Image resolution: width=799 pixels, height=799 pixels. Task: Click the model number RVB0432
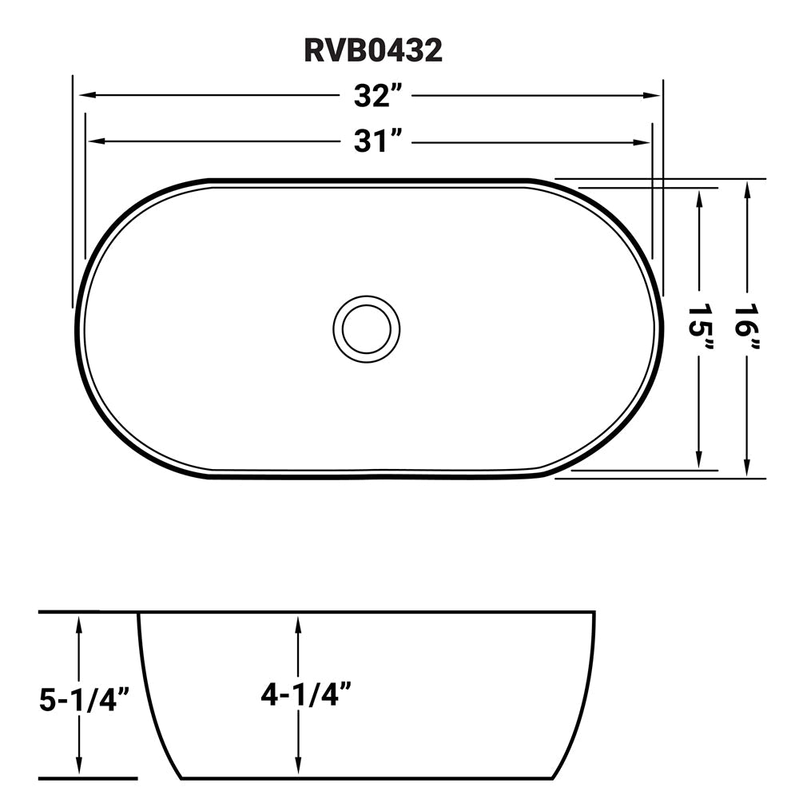[x=372, y=51]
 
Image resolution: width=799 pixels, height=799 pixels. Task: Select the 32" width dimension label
[x=377, y=96]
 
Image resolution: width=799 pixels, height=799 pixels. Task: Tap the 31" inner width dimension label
[x=377, y=142]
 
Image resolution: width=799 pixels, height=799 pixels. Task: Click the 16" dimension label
[x=748, y=328]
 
